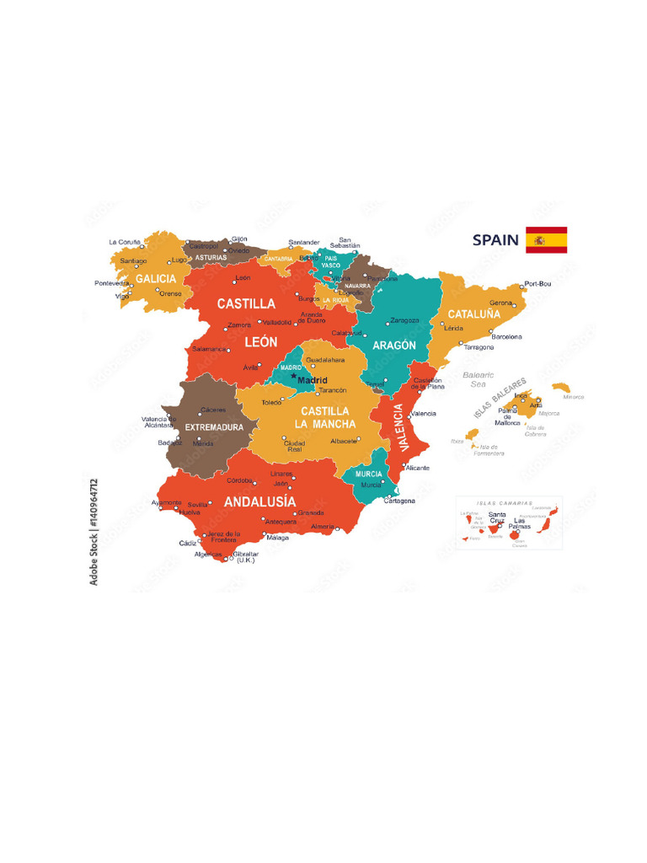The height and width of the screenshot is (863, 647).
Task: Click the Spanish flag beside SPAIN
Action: (546, 239)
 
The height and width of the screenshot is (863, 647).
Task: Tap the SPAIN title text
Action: (495, 240)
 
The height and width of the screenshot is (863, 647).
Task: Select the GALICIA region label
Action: (156, 278)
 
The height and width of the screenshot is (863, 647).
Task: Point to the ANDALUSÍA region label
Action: (259, 502)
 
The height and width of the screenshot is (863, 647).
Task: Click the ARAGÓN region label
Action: (394, 346)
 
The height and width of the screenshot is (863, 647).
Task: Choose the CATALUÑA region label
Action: (473, 314)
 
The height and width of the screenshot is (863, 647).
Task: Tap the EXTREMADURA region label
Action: (214, 427)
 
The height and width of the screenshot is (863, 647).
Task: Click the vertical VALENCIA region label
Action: (394, 426)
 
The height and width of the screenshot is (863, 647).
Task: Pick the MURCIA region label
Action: (369, 474)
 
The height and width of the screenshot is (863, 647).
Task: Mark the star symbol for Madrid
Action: (293, 376)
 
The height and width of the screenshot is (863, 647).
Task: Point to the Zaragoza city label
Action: (404, 320)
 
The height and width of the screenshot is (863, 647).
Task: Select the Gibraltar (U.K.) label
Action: (246, 557)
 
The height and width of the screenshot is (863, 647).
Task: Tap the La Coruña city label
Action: (125, 242)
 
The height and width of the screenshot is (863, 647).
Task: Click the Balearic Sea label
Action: (479, 378)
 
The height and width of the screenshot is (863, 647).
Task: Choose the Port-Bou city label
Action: (537, 283)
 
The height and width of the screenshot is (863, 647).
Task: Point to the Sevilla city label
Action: (197, 504)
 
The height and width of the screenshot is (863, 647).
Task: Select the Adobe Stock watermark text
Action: (94, 531)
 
